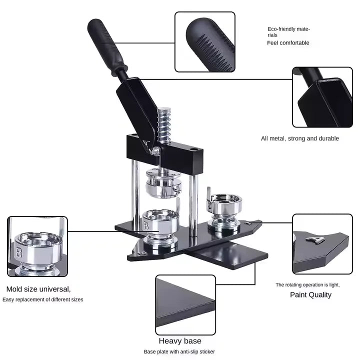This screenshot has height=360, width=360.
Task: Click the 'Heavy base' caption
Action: (180, 341)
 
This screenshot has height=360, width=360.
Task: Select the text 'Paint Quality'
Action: (310, 294)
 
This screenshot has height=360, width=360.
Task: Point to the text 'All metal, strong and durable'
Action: (300, 138)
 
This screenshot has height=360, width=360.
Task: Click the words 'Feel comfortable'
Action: (288, 43)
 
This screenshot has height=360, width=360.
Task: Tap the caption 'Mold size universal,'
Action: (38, 289)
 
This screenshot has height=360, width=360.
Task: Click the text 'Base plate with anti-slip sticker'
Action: (179, 352)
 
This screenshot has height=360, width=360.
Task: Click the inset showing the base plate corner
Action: (185, 304)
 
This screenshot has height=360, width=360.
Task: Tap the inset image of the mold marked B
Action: (37, 246)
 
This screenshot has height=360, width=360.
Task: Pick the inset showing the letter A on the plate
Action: (322, 244)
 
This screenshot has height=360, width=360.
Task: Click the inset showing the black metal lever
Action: (322, 97)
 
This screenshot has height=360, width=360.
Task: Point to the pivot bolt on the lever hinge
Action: (156, 150)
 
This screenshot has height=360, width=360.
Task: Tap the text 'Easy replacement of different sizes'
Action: (42, 299)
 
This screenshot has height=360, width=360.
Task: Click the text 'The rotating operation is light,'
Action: (307, 284)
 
